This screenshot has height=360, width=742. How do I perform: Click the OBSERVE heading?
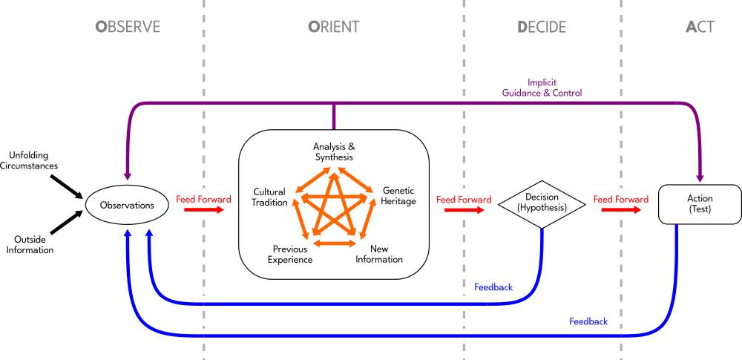[x=128, y=27]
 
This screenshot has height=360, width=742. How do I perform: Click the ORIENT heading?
[x=333, y=27]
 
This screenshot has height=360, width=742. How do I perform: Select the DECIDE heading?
[x=542, y=27]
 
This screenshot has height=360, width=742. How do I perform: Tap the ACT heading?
[x=700, y=27]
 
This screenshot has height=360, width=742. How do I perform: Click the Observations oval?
[x=127, y=205]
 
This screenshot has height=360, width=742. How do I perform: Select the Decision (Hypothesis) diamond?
[x=542, y=203]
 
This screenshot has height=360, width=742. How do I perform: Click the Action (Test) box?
[x=700, y=203]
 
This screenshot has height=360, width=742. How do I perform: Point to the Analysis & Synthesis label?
[x=333, y=152]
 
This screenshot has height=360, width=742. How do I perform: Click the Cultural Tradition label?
[x=269, y=197]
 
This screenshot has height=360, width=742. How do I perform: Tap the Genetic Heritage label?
[x=398, y=196]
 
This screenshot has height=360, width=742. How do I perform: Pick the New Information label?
[x=378, y=254]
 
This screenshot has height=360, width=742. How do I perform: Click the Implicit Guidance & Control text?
[x=542, y=88]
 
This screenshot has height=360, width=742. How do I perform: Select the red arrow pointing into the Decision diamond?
[x=464, y=210]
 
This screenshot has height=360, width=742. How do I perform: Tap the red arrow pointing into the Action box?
[x=621, y=210]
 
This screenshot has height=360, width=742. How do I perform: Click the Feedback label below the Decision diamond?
[x=493, y=287]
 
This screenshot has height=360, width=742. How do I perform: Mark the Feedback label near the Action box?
[x=588, y=321]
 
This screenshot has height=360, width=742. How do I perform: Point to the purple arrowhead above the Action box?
[x=699, y=178]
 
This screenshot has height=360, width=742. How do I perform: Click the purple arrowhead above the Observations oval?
[x=128, y=176]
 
